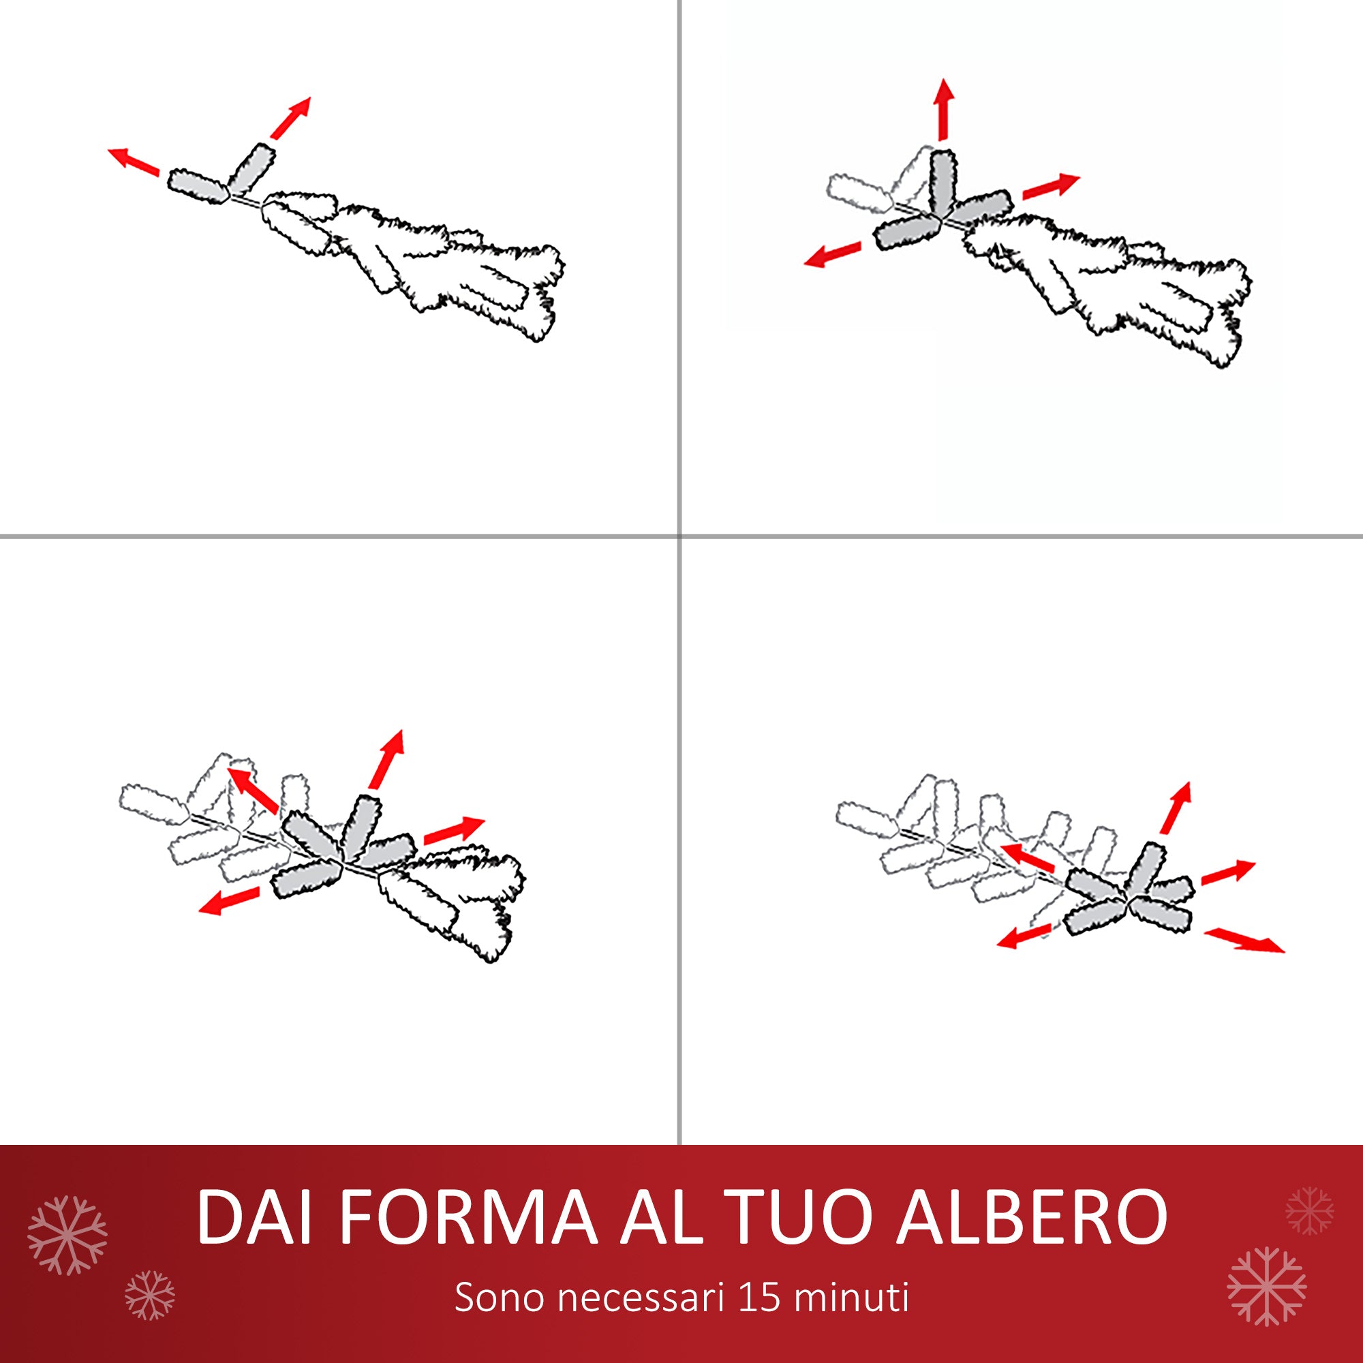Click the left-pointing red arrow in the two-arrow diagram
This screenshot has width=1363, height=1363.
pyautogui.click(x=134, y=161)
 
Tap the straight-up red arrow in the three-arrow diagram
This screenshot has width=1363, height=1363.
pyautogui.click(x=943, y=109)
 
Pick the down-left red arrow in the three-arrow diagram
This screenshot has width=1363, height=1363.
pyautogui.click(x=833, y=254)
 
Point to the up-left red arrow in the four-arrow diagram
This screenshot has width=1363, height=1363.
pyautogui.click(x=253, y=790)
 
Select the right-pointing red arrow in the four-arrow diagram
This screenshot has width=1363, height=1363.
pyautogui.click(x=454, y=830)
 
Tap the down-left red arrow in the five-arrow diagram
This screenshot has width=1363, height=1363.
pyautogui.click(x=1025, y=936)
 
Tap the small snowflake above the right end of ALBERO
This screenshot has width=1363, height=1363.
pyautogui.click(x=1308, y=1210)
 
